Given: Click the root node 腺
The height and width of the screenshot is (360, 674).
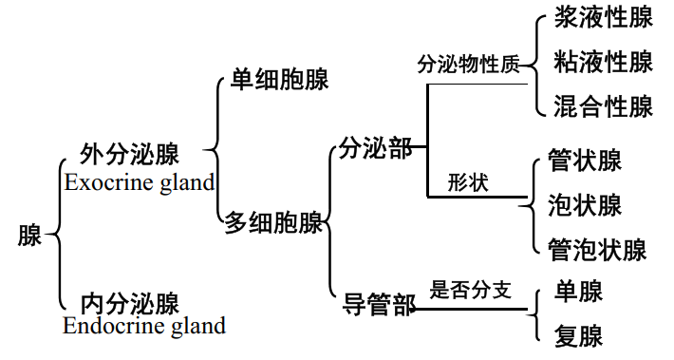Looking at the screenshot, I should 30,236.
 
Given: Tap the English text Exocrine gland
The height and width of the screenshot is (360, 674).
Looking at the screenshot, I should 140,181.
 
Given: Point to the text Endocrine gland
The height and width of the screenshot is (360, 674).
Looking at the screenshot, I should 144,327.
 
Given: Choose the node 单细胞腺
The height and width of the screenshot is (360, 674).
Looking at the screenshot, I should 280,80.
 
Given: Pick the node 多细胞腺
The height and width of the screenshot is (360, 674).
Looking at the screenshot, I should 273,223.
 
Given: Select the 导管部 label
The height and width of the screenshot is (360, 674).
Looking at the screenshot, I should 379,306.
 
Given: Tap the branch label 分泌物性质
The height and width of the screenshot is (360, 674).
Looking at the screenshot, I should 469,65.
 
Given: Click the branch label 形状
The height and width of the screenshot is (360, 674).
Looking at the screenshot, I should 468,182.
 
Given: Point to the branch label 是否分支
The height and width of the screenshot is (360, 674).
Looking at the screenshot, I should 471,290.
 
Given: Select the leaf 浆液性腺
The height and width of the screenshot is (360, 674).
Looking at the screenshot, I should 603,21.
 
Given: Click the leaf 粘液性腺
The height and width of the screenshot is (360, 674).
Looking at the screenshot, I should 603,63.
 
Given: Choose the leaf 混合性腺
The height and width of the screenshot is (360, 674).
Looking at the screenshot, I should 603,105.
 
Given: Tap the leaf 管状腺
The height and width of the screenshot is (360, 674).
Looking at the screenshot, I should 585,161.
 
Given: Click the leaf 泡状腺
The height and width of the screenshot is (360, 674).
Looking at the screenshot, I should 585,204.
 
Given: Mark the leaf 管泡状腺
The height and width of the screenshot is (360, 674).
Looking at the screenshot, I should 597,250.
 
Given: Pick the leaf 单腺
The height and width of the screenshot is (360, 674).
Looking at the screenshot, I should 578,291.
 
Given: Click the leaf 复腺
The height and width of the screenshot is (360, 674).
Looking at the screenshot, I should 578,335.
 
